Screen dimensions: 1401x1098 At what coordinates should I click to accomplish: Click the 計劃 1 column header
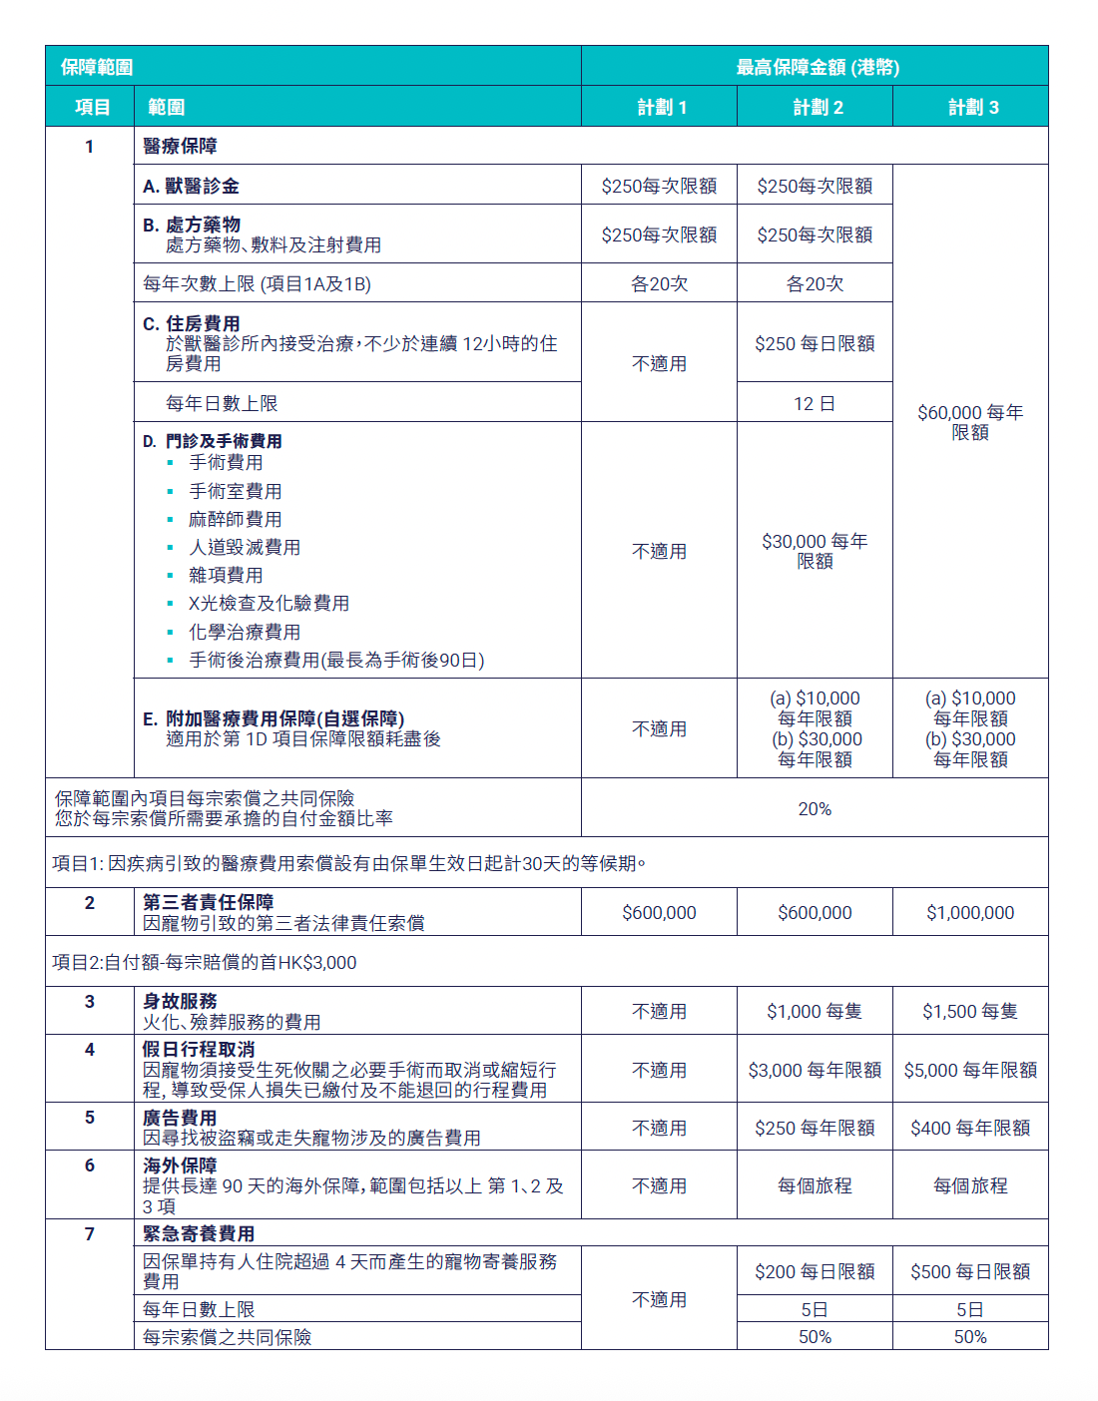pyautogui.click(x=661, y=107)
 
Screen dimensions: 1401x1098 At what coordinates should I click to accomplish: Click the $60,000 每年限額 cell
pyautogui.click(x=970, y=422)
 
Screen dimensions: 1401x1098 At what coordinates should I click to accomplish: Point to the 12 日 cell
pyautogui.click(x=815, y=403)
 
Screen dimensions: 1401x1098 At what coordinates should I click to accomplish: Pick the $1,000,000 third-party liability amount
pyautogui.click(x=970, y=912)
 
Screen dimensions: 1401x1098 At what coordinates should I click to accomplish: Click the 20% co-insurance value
pyautogui.click(x=815, y=808)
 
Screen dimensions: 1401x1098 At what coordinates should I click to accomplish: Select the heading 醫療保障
pyautogui.click(x=180, y=146)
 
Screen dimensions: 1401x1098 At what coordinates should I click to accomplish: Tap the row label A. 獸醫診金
pyautogui.click(x=191, y=186)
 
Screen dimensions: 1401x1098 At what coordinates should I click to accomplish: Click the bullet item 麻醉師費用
pyautogui.click(x=236, y=519)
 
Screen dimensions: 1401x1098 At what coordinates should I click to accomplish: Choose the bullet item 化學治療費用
pyautogui.click(x=245, y=632)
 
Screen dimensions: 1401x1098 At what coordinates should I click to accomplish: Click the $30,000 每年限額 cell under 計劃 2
pyautogui.click(x=815, y=551)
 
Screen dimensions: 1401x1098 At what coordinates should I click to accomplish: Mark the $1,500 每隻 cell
pyautogui.click(x=970, y=1011)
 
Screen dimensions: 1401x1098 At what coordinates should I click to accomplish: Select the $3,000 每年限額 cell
pyautogui.click(x=815, y=1070)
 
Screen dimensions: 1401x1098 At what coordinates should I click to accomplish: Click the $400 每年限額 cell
pyautogui.click(x=970, y=1128)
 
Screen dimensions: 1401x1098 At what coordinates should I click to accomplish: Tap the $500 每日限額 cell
pyautogui.click(x=970, y=1271)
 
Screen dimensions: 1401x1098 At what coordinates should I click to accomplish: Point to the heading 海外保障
pyautogui.click(x=180, y=1165)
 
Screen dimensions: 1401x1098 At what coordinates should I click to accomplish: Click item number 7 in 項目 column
pyautogui.click(x=90, y=1233)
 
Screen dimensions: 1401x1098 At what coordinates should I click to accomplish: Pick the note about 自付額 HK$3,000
pyautogui.click(x=205, y=962)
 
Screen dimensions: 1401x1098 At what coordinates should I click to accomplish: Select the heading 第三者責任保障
pyautogui.click(x=208, y=902)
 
